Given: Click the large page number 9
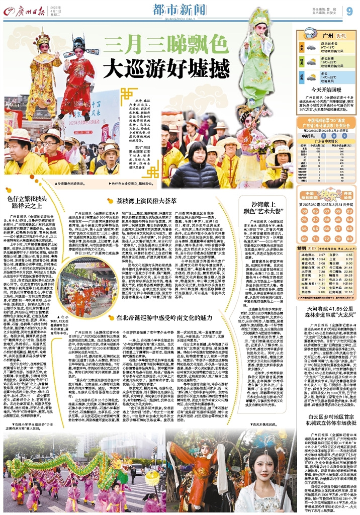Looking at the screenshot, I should click(x=349, y=11).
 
